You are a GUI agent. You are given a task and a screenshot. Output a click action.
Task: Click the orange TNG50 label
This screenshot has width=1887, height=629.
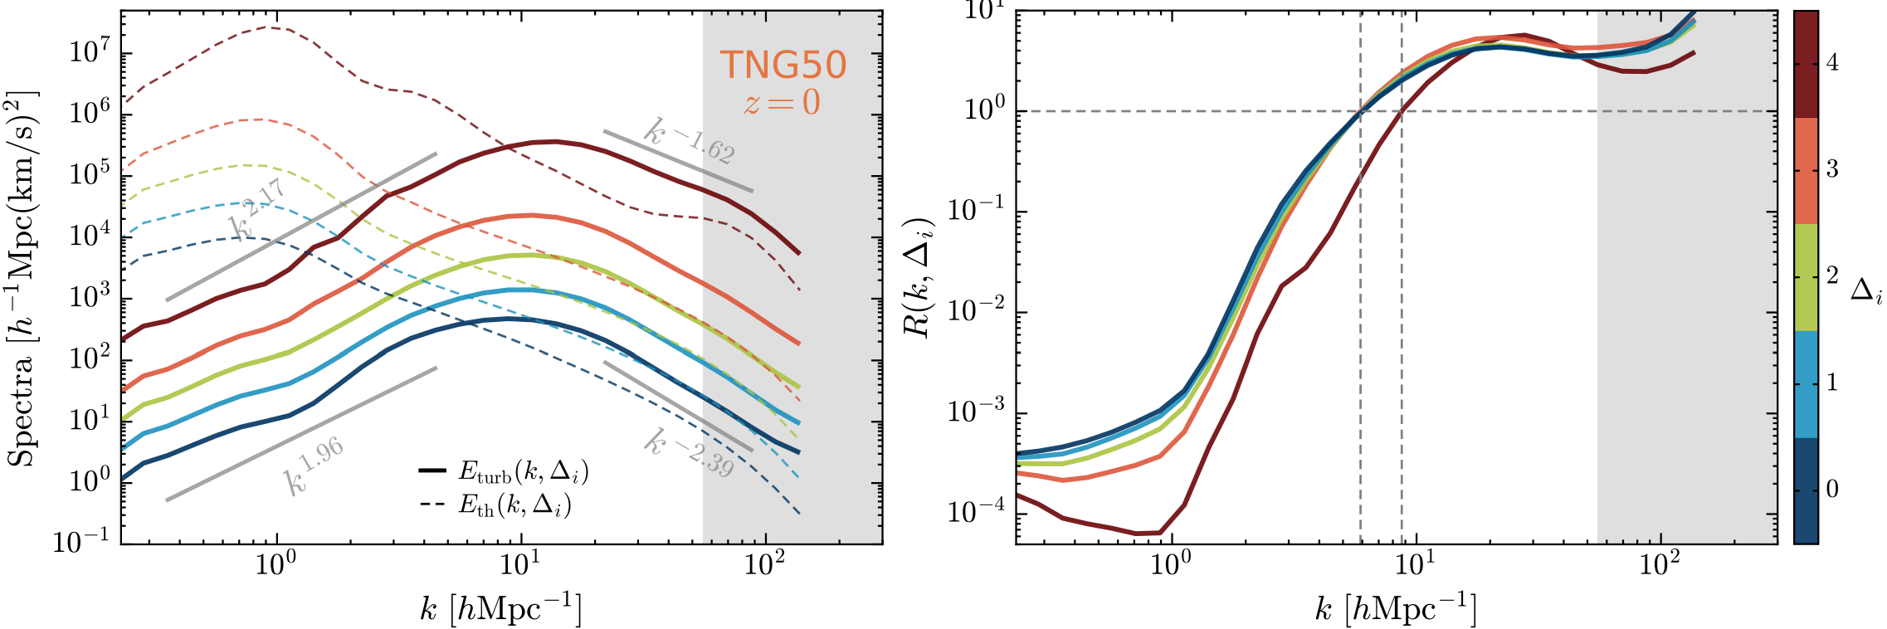[x=783, y=65]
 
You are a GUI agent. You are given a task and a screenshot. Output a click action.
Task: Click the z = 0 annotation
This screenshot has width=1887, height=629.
[x=782, y=103]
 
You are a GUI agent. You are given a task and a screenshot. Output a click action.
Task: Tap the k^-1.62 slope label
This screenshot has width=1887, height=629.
[x=690, y=141]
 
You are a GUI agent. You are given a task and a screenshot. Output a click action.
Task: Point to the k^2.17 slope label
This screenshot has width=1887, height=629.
[x=257, y=208]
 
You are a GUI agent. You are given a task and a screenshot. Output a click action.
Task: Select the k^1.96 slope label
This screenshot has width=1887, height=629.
[x=314, y=466]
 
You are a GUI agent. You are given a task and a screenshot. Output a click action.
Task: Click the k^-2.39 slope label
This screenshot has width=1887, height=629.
[x=690, y=453]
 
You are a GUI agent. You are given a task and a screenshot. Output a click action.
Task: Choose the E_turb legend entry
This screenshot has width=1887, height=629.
[x=505, y=472]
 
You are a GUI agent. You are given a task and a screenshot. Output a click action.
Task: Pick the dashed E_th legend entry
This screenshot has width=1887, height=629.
[x=496, y=505]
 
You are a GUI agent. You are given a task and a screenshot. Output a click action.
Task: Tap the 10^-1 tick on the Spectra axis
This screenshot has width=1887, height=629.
[x=81, y=542]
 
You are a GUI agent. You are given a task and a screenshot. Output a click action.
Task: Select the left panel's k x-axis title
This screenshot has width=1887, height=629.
[x=501, y=610]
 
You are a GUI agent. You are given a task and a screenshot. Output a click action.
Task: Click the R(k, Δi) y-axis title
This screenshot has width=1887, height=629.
[x=919, y=278]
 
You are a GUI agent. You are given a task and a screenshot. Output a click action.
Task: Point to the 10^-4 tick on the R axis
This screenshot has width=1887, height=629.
[x=976, y=512]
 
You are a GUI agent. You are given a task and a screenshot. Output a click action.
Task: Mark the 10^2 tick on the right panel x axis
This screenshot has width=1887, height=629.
[x=1660, y=566]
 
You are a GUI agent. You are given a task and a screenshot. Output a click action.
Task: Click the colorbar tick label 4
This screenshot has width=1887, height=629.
[x=1832, y=63]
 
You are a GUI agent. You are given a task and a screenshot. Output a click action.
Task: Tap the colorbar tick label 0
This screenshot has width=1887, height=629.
[x=1832, y=490]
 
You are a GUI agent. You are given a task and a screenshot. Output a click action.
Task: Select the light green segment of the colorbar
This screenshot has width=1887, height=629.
[x=1806, y=277]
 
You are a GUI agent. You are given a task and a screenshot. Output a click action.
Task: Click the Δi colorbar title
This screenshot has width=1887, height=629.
[x=1867, y=290]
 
